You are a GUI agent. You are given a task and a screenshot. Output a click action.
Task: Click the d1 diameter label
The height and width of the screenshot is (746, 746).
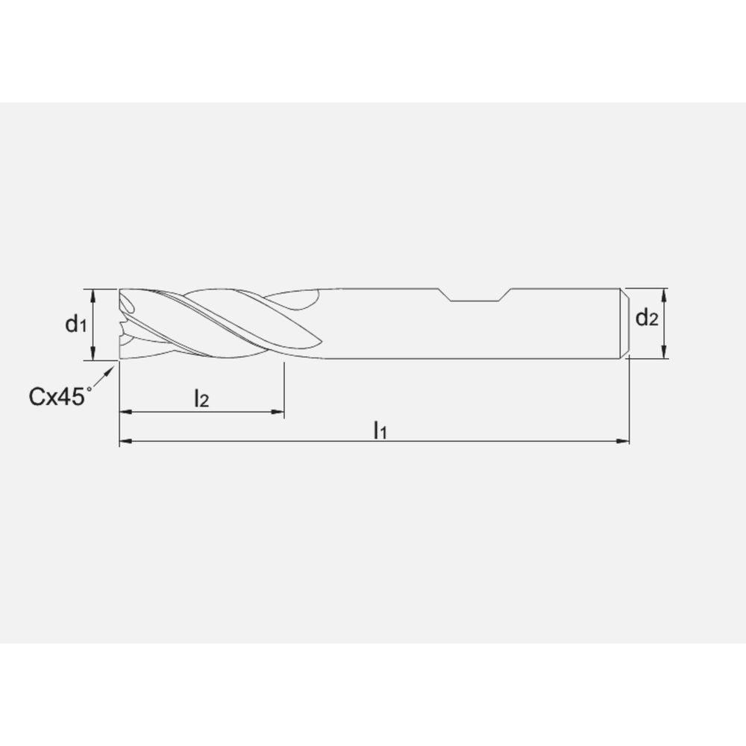(76, 325)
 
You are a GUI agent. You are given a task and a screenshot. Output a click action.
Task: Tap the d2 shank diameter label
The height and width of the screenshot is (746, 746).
(647, 319)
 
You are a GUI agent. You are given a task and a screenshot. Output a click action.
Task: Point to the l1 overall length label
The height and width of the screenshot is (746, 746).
(380, 430)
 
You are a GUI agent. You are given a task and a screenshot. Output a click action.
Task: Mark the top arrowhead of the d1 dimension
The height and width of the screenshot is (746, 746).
(93, 293)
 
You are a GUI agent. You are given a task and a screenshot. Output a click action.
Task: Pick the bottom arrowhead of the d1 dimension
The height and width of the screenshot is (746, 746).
(93, 355)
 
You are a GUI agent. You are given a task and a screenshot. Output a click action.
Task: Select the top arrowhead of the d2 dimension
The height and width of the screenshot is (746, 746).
(664, 292)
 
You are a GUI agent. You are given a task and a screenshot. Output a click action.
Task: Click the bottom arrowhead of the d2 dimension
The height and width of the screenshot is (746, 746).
(664, 354)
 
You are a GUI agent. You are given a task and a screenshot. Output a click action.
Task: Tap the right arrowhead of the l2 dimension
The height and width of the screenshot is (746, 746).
(279, 411)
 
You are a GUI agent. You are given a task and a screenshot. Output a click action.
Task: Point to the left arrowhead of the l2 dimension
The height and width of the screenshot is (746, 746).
(125, 411)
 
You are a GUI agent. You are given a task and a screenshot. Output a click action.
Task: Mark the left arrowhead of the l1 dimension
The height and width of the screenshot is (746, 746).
(125, 442)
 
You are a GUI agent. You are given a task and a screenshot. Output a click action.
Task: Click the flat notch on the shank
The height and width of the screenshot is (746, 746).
(477, 300)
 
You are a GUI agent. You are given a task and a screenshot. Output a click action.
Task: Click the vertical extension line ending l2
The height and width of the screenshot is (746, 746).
(283, 388)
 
